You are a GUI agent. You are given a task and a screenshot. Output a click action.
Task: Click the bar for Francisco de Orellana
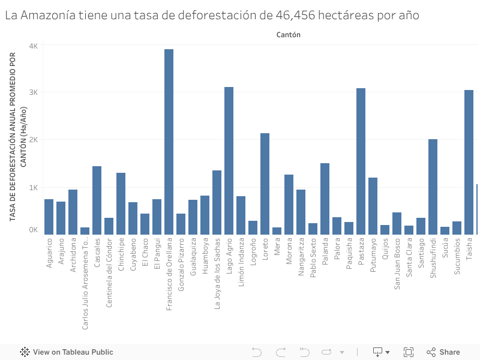[x=169, y=142]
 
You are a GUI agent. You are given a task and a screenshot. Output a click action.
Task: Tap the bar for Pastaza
[x=361, y=161]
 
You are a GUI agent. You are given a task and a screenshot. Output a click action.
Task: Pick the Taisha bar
[x=469, y=162]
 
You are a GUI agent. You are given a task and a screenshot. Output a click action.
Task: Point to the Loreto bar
[x=265, y=184]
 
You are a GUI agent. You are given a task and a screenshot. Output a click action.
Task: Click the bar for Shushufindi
[x=433, y=187]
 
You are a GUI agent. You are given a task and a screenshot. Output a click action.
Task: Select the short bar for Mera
[x=277, y=230]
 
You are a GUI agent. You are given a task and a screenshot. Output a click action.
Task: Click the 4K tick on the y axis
[x=33, y=46]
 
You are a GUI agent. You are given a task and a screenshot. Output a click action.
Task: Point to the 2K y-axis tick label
[x=33, y=140]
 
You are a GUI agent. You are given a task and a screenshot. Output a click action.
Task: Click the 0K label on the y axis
[x=33, y=230]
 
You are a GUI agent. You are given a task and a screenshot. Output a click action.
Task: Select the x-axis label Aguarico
[x=49, y=253]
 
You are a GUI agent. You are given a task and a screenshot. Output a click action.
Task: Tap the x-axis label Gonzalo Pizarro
[x=181, y=264]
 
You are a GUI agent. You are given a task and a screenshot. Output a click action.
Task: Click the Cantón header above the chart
[x=289, y=35]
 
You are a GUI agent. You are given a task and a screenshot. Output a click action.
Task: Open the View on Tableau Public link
[x=67, y=352]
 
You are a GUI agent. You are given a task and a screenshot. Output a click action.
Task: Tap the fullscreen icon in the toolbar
[x=409, y=352]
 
